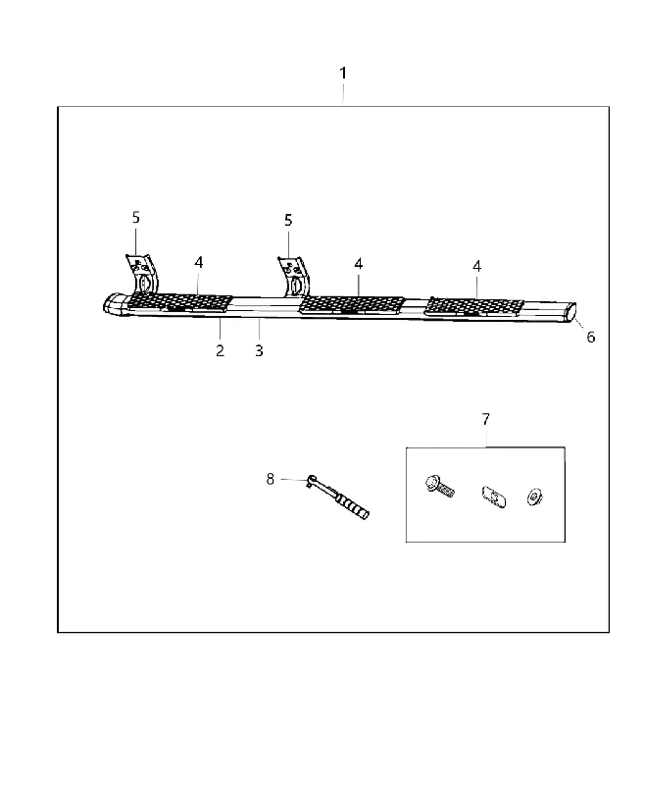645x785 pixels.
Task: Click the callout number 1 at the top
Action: [x=343, y=73]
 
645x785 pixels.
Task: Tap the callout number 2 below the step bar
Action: [x=220, y=351]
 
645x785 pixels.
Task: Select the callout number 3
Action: [x=259, y=351]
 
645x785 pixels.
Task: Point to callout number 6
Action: [x=591, y=337]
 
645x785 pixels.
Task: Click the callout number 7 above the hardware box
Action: [x=486, y=419]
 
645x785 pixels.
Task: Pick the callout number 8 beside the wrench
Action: [x=270, y=479]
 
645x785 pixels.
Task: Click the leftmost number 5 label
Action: [x=136, y=217]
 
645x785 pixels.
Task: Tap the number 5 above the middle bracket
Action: [x=288, y=220]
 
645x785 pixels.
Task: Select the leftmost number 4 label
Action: [x=199, y=262]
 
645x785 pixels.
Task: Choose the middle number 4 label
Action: [x=359, y=264]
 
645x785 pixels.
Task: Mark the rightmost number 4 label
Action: [x=477, y=266]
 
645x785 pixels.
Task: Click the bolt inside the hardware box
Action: [x=440, y=486]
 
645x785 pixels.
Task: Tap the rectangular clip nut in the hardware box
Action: [x=493, y=497]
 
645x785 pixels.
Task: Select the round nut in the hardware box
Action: [x=535, y=497]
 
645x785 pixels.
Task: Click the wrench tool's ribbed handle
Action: [x=353, y=505]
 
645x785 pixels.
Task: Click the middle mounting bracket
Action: [x=294, y=277]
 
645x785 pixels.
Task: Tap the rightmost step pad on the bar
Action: [x=474, y=307]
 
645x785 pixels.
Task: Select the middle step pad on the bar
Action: [x=352, y=304]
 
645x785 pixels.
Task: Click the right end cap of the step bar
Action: [x=570, y=313]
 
